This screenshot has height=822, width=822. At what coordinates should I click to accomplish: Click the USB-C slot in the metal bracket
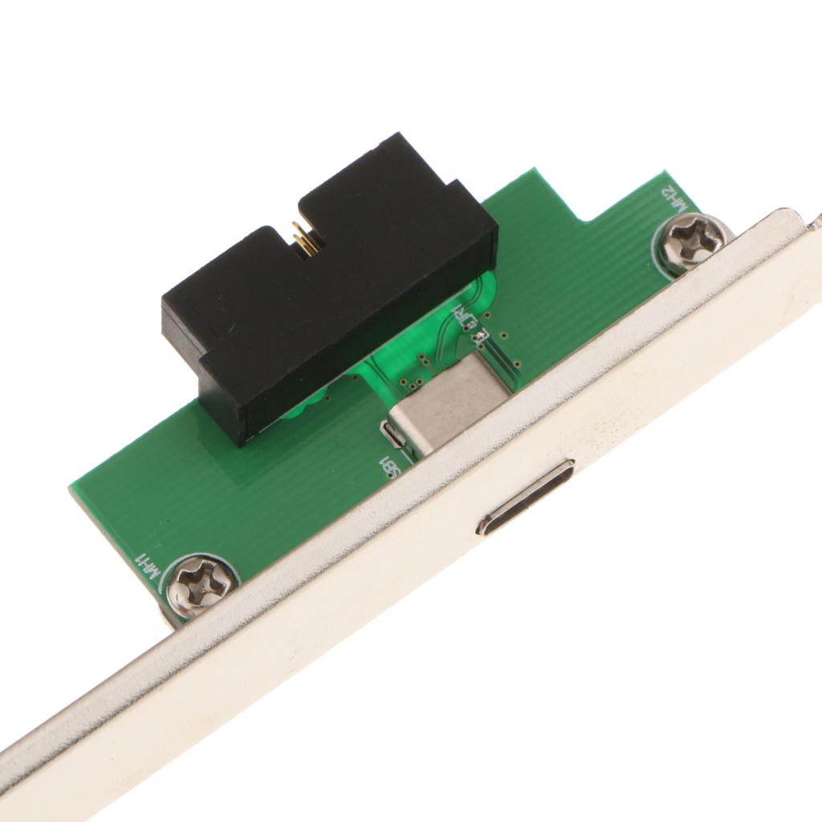tap(526, 497)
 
